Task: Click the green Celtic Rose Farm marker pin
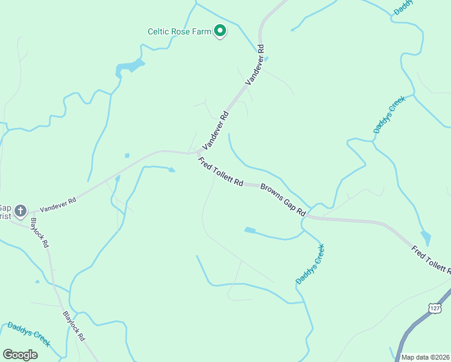click(x=221, y=31)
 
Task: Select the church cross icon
click(x=20, y=211)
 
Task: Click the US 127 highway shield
click(x=434, y=308)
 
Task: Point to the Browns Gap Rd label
click(x=283, y=200)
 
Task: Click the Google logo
click(x=20, y=354)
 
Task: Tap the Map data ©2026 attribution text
click(x=426, y=357)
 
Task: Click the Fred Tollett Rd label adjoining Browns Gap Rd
click(x=220, y=172)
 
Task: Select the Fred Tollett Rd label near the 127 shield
click(x=430, y=259)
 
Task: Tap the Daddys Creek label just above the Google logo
click(x=28, y=334)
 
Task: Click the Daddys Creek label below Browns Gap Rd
click(x=311, y=264)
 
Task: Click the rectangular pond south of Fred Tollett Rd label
click(x=250, y=230)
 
